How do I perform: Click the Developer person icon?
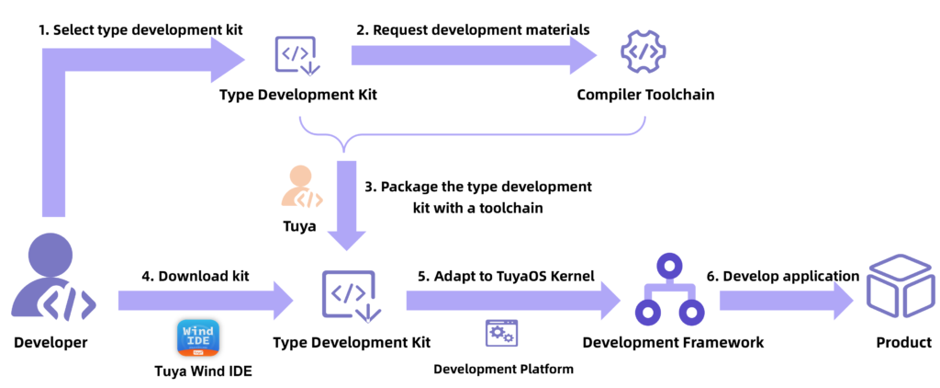pos(50,280)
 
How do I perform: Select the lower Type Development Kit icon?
pos(348,296)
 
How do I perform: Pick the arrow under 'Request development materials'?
pos(474,54)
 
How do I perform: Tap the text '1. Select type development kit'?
pos(140,29)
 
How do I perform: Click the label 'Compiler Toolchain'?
pos(645,95)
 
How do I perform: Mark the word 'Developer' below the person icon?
pos(50,343)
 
